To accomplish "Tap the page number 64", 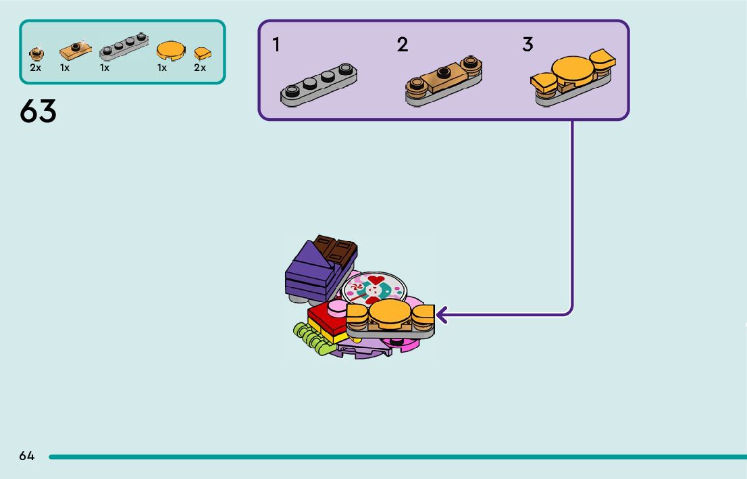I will click(26, 456).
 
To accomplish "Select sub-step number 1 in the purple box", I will click(276, 45).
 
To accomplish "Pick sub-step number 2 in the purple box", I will click(403, 45).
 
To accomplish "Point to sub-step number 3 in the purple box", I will click(527, 45).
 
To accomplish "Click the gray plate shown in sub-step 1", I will click(319, 85).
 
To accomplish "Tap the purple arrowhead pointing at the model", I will click(442, 315).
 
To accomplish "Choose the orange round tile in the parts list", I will click(170, 50).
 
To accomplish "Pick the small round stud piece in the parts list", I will click(36, 53).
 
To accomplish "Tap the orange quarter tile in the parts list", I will click(202, 53).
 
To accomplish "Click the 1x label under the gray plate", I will click(105, 68).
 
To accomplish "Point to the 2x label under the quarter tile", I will click(200, 68).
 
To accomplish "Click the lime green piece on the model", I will click(314, 338).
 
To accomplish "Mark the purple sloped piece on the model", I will click(307, 270).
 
